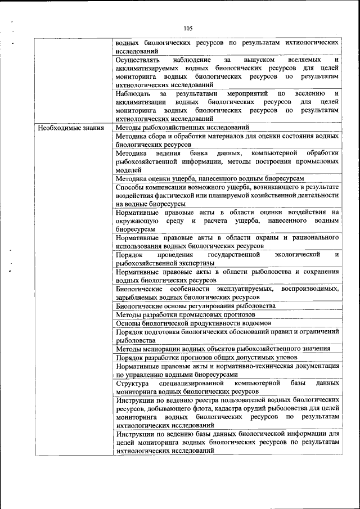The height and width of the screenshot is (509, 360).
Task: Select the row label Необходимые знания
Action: click(x=71, y=128)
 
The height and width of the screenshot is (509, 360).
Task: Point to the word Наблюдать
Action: click(x=134, y=93)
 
